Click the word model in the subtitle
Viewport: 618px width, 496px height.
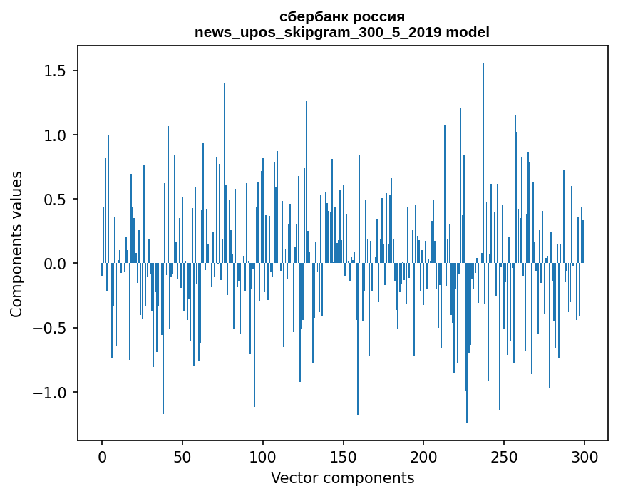point(470,32)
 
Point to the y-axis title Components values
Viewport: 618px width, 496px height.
point(16,244)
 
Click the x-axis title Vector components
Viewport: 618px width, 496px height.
point(342,478)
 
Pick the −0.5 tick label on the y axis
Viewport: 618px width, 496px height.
point(51,329)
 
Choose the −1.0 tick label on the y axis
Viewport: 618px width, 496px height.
point(51,393)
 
